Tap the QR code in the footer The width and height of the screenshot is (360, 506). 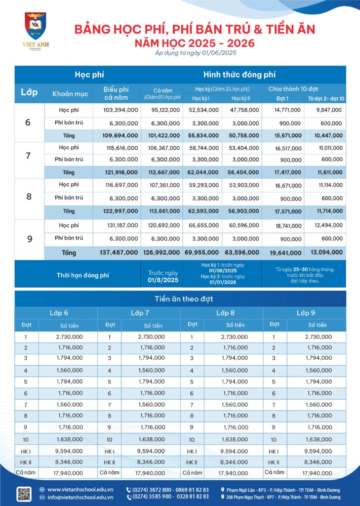(24, 494)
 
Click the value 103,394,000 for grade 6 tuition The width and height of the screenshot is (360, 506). (121, 110)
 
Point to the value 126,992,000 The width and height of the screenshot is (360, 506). (161, 253)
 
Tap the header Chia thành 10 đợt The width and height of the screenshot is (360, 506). (293, 89)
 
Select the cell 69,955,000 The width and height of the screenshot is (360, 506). (203, 253)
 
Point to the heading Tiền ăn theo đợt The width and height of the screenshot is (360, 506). (180, 298)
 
